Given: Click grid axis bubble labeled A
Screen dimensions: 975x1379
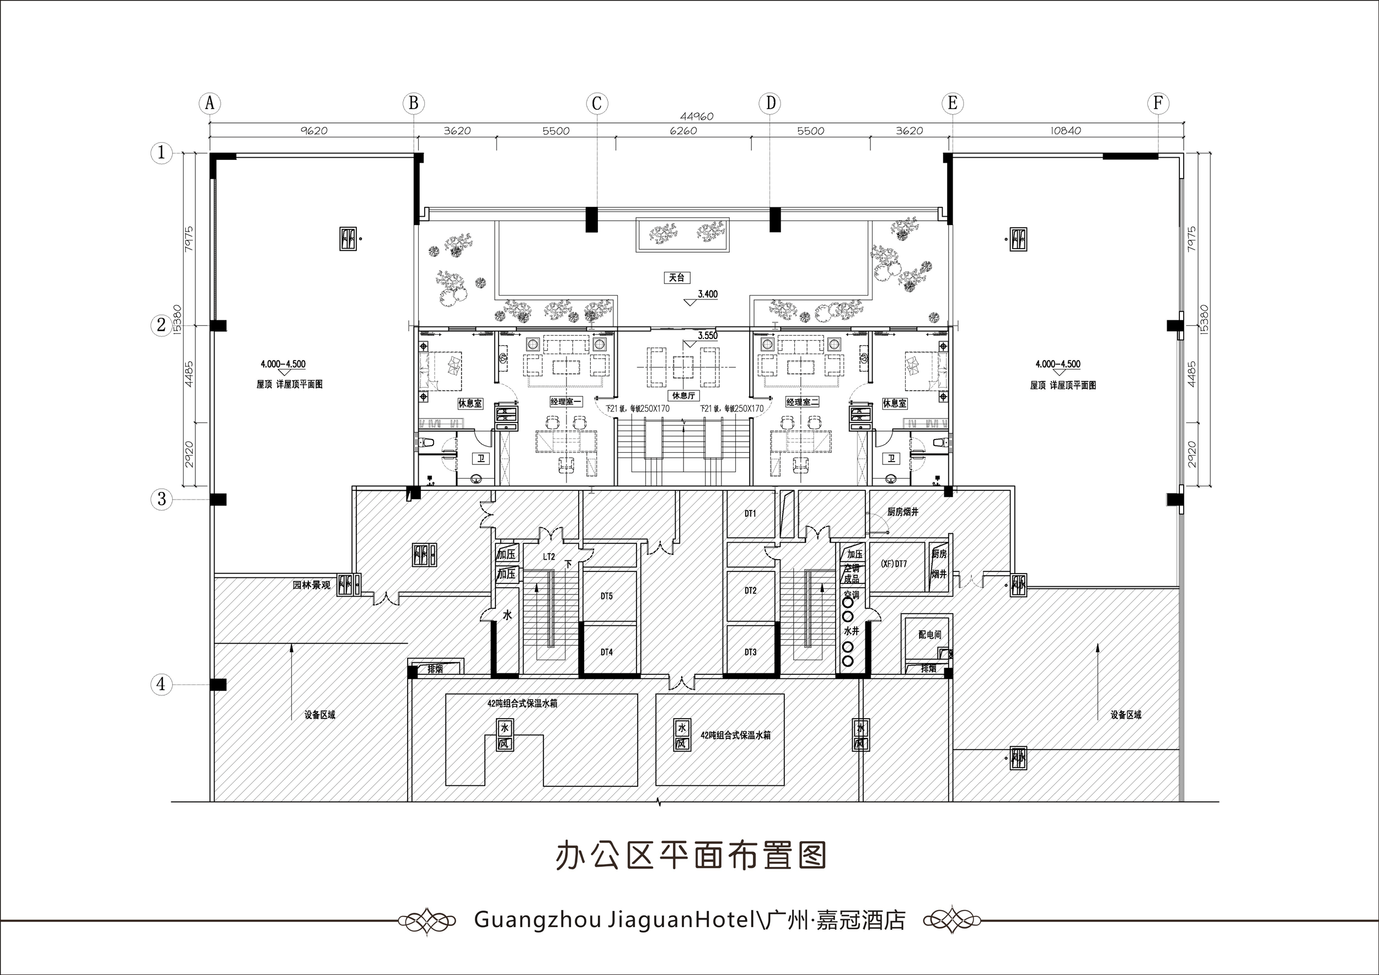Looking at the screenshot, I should click(x=210, y=103).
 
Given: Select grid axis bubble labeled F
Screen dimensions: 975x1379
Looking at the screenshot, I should click(x=1158, y=103).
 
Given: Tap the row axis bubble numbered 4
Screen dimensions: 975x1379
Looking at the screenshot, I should click(x=161, y=684).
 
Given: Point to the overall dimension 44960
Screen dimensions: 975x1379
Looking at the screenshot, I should click(x=696, y=116).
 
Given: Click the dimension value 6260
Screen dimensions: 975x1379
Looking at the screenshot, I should click(x=683, y=131).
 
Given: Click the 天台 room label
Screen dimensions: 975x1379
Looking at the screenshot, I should click(x=677, y=278).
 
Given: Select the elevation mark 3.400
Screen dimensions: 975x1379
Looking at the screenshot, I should click(x=707, y=294).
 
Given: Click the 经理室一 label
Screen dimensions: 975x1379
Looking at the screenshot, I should click(x=565, y=401).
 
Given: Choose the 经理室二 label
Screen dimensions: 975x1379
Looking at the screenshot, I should click(x=802, y=401).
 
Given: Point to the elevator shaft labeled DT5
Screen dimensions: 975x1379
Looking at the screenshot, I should click(x=607, y=596).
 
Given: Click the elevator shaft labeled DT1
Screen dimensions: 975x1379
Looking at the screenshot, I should click(x=750, y=513).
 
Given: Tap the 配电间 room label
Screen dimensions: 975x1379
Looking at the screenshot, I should click(x=930, y=635).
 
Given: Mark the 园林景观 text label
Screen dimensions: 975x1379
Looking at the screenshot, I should click(x=311, y=585).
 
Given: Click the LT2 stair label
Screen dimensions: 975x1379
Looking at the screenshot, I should click(x=549, y=556).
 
